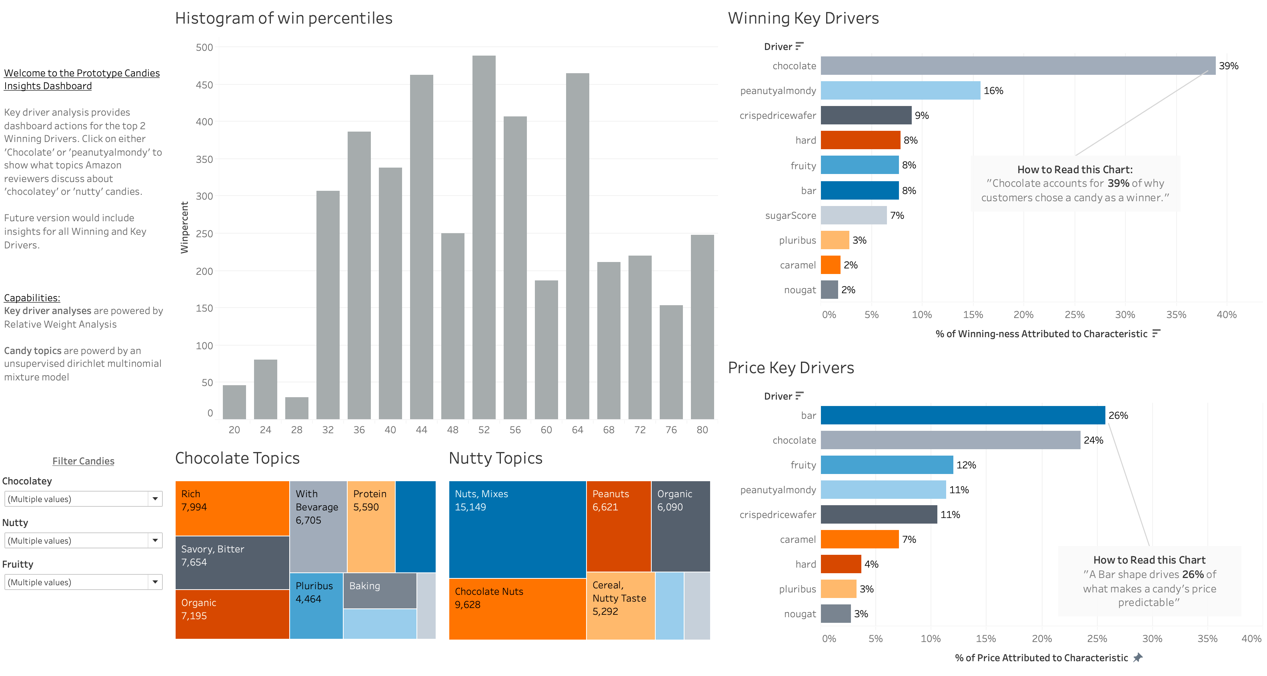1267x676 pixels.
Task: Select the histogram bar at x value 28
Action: (296, 408)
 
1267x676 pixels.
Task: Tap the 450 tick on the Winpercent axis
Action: (204, 85)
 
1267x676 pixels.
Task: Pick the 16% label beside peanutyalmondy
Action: (993, 90)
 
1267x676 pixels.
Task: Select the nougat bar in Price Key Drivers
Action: (836, 614)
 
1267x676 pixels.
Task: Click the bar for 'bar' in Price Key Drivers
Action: (963, 416)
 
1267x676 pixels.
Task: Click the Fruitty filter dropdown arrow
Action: (155, 582)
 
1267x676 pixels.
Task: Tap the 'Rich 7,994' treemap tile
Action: (232, 508)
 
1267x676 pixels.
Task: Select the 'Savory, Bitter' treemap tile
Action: (232, 562)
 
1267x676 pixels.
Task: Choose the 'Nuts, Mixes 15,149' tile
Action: (517, 529)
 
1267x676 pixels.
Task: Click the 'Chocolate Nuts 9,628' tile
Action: (517, 609)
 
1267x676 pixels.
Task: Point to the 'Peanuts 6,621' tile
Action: (618, 526)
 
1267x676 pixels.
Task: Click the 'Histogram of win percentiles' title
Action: (284, 18)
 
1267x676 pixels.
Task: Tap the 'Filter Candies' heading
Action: (83, 461)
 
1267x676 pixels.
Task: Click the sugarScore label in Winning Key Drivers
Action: (791, 215)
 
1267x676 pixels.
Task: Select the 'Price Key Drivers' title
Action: (791, 368)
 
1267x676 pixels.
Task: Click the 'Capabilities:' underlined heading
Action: (32, 298)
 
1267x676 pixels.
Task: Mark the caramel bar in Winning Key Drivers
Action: (830, 265)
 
